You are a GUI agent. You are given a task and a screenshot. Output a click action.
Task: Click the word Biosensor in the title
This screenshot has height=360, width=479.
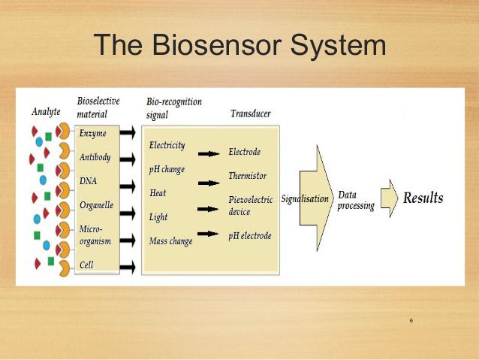(216, 45)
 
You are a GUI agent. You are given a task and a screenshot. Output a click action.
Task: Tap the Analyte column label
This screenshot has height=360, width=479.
(46, 112)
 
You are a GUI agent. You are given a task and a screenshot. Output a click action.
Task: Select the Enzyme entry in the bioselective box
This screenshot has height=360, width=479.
(93, 133)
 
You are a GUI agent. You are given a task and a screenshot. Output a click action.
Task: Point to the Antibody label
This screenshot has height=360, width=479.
(95, 157)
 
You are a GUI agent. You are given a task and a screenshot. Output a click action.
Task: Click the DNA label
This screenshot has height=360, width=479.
(89, 181)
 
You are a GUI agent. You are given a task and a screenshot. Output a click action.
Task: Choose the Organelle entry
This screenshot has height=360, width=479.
(97, 205)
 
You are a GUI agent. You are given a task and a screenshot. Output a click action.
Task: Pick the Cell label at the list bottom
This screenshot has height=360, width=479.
(86, 265)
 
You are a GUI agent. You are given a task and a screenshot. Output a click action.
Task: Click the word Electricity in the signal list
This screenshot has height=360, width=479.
(167, 145)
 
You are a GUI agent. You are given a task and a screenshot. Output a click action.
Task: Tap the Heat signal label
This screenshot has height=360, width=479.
(158, 193)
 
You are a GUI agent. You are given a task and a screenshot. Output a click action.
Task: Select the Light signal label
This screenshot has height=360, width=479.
(158, 217)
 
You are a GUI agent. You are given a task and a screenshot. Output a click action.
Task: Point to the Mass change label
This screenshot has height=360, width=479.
(170, 241)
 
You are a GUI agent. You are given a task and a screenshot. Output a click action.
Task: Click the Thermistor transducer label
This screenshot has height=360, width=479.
(248, 176)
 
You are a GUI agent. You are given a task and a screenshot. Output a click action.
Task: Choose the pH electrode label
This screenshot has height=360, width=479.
(250, 236)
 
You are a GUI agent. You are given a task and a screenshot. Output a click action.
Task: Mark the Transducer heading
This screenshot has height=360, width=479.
(251, 113)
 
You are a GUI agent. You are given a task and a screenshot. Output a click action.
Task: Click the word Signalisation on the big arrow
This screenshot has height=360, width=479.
(305, 199)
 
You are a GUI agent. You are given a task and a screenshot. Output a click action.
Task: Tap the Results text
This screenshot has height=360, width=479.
(423, 198)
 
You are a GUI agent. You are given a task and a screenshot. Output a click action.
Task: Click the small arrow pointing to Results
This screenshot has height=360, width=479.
(390, 198)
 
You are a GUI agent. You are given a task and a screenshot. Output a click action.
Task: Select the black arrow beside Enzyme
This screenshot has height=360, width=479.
(128, 132)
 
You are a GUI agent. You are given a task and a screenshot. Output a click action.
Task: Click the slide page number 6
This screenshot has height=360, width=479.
(411, 321)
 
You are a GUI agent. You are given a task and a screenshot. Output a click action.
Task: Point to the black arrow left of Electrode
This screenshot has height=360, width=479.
(209, 153)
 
